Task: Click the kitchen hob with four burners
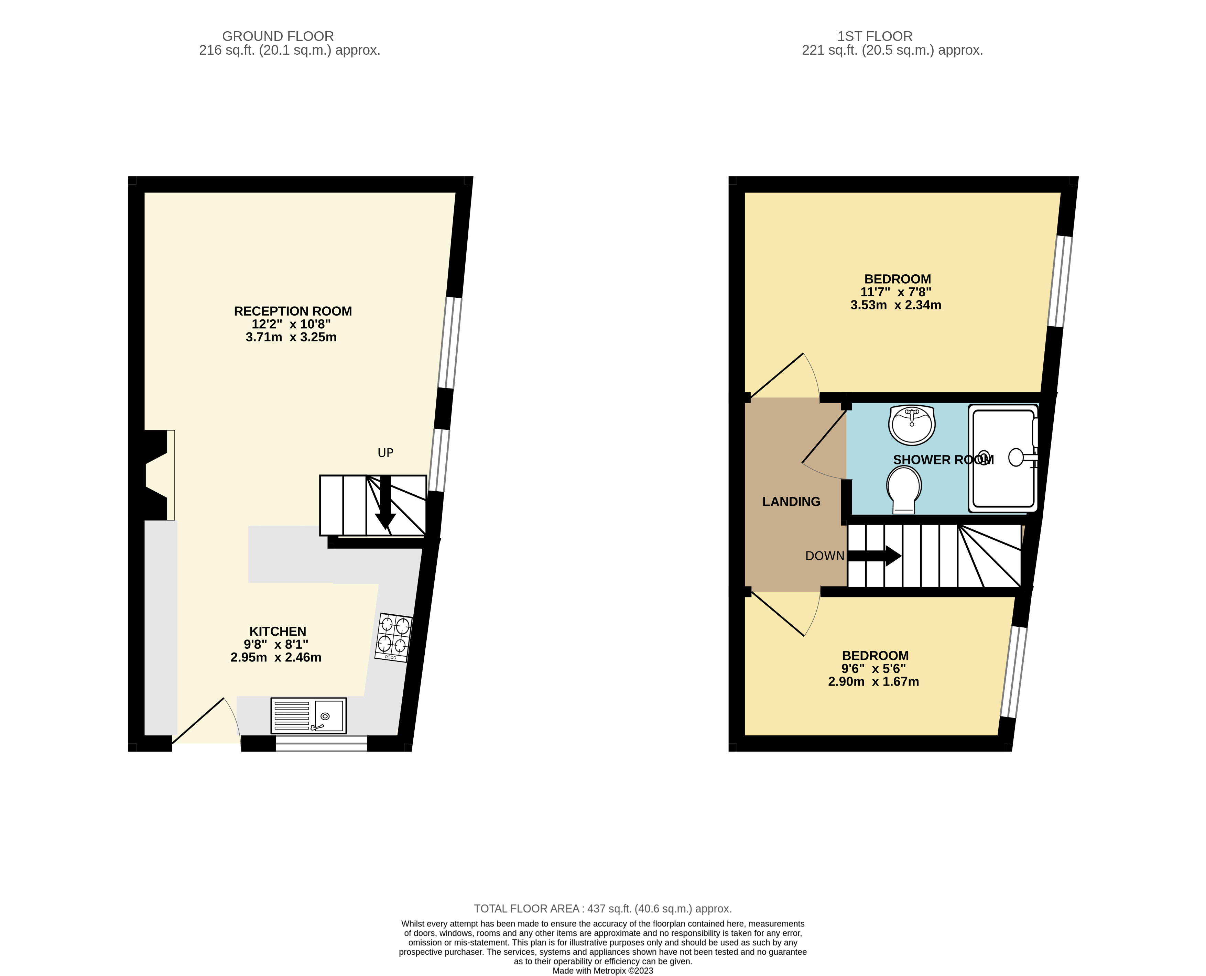click(393, 637)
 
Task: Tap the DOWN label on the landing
click(824, 556)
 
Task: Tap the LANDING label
click(791, 502)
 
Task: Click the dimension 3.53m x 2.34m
click(895, 305)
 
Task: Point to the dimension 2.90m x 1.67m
click(873, 681)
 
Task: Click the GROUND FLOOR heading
click(278, 36)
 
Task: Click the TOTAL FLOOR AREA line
click(602, 909)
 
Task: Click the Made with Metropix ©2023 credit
click(602, 970)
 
